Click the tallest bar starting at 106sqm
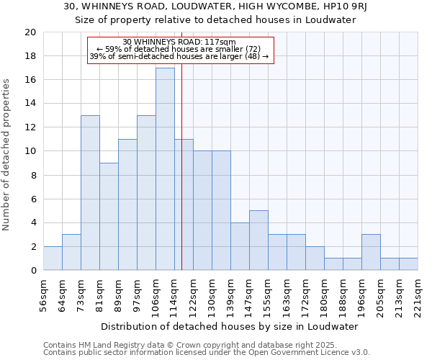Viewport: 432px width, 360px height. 165,169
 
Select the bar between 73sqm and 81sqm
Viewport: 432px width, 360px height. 90,193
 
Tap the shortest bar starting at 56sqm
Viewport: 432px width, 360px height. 53,258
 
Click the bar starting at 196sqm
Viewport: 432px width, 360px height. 371,253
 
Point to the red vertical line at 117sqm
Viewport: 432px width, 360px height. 181,166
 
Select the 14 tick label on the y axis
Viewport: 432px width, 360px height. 30,104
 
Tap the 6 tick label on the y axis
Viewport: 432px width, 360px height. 32,199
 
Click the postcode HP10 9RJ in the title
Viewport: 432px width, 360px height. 346,6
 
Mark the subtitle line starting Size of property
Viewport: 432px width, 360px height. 216,20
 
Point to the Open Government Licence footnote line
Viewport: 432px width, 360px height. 207,353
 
